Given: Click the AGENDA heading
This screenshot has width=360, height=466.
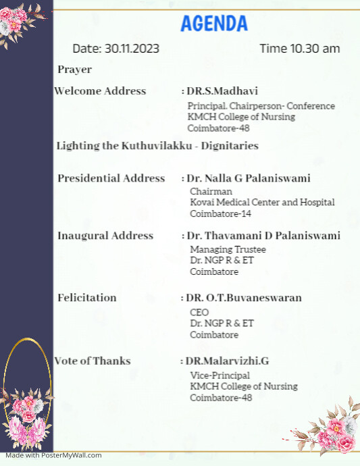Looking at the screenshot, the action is click(214, 24).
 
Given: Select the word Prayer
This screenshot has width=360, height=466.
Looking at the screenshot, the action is click(74, 70).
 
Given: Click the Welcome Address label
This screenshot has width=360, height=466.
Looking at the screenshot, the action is click(100, 91).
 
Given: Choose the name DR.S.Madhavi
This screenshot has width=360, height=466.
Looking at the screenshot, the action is click(222, 91).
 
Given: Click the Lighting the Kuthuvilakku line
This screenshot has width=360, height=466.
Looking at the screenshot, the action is click(157, 146).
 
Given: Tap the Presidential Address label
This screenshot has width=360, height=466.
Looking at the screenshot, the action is click(111, 178).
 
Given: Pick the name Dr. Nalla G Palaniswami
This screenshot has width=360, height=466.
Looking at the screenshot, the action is click(248, 178).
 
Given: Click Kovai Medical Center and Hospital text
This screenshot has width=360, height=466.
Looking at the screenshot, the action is click(262, 202).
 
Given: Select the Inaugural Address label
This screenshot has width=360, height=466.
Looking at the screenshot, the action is click(105, 236).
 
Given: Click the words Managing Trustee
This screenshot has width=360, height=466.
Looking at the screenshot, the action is click(218, 249).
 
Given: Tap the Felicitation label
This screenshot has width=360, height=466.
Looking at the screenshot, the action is click(86, 298).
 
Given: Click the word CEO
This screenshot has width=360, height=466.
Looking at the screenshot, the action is click(199, 313).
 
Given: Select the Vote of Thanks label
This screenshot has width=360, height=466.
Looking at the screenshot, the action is click(93, 361).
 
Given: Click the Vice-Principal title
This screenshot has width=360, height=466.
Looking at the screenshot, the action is click(220, 375).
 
